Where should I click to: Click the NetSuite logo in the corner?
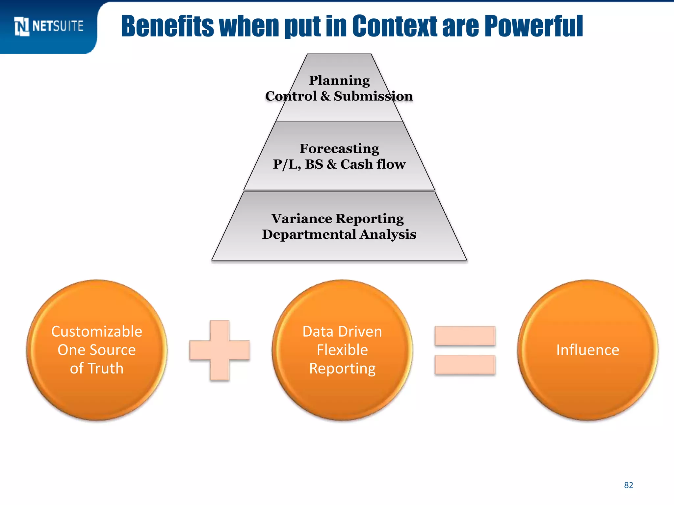tap(49, 26)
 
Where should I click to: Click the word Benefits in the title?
tap(168, 26)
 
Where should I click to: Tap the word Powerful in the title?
tap(533, 26)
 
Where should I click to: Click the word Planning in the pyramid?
tap(339, 81)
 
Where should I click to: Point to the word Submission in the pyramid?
tap(373, 96)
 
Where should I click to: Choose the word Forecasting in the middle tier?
tap(339, 149)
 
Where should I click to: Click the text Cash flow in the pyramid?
tap(373, 164)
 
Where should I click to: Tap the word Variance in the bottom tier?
tap(302, 219)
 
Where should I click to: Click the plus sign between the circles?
tap(220, 350)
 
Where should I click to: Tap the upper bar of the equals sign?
tap(465, 336)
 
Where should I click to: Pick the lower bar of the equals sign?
tap(465, 365)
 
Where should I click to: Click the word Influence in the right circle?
tap(588, 350)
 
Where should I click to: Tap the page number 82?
tap(629, 485)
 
